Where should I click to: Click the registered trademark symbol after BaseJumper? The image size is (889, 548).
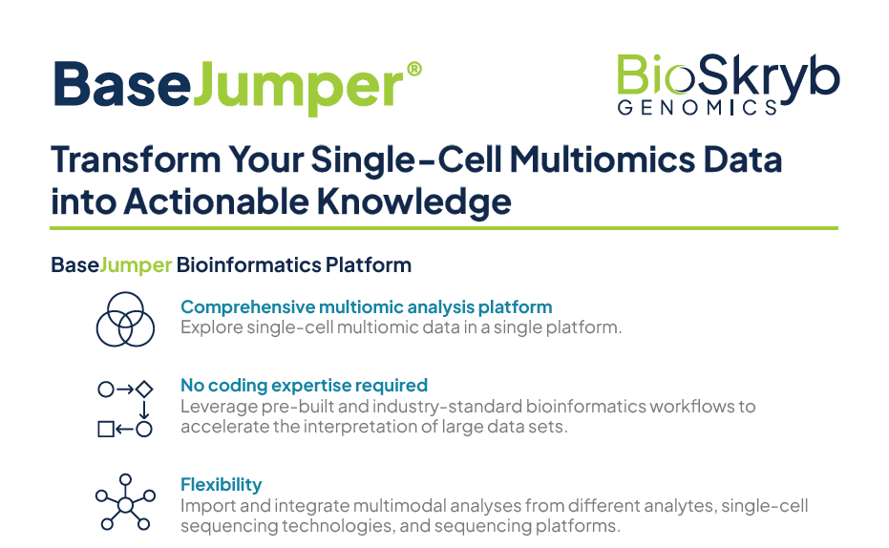click(414, 69)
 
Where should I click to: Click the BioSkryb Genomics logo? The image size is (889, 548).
click(728, 84)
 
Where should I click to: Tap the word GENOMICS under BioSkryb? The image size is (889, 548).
click(697, 107)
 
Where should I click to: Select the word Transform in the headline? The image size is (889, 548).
click(136, 159)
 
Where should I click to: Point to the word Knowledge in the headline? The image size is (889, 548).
click(413, 201)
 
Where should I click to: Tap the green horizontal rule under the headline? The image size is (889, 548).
click(444, 228)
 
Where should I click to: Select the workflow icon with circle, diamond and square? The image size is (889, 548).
click(125, 409)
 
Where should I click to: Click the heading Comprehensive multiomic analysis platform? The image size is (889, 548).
click(367, 307)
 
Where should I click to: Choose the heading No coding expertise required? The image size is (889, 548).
click(304, 386)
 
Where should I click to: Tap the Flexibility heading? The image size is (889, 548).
click(222, 485)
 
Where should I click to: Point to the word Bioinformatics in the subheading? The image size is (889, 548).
click(249, 264)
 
